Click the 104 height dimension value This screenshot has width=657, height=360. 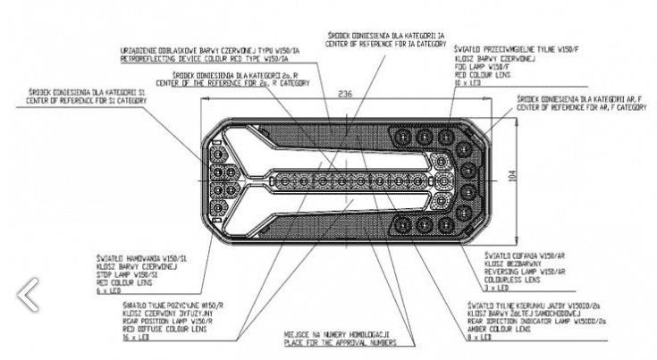click(x=510, y=177)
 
